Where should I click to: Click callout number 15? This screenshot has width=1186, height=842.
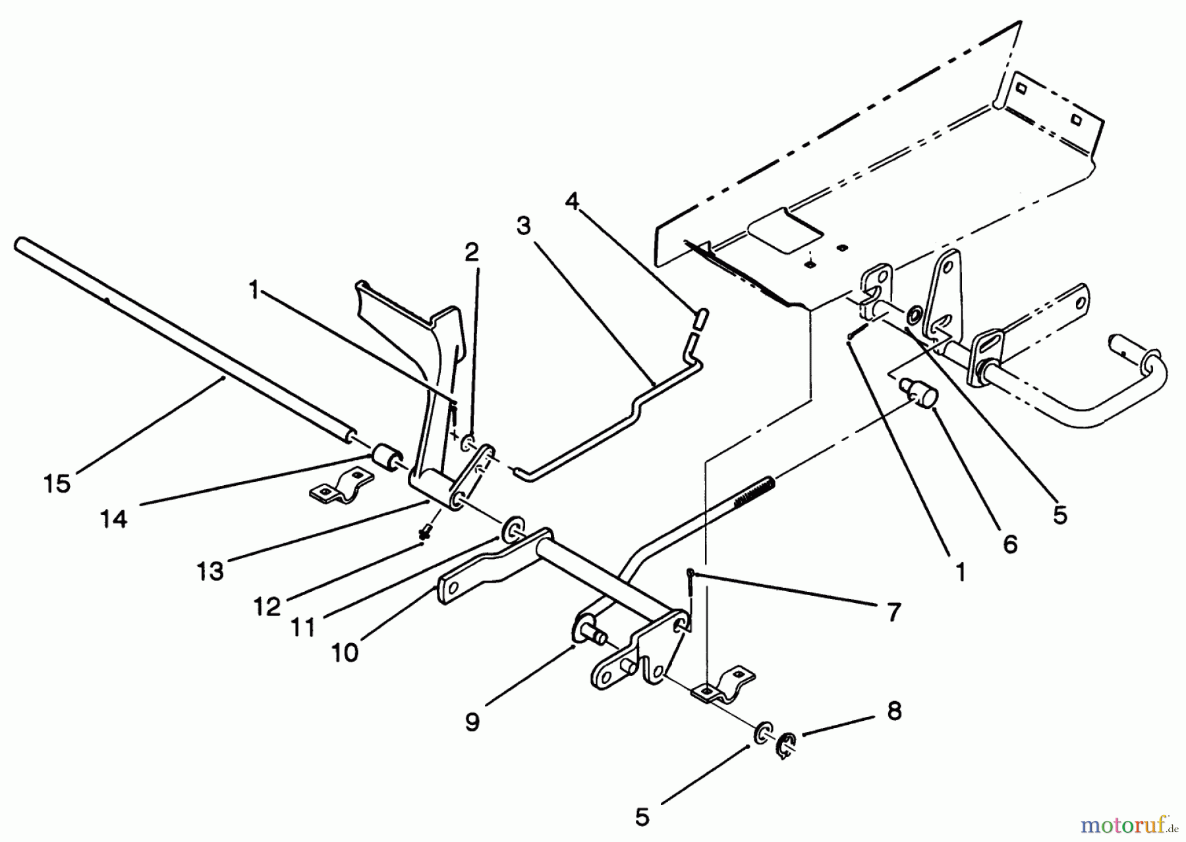point(57,484)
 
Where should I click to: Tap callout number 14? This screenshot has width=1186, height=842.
point(113,519)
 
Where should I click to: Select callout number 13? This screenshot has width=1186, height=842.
point(210,571)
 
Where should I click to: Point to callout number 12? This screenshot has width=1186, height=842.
point(267,606)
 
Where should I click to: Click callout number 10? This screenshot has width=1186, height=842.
point(345,652)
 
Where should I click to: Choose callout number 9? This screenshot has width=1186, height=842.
point(472,722)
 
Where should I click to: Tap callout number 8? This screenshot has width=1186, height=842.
point(894,712)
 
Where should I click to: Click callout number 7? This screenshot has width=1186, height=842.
point(893,613)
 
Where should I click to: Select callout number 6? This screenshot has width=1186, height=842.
point(1009,544)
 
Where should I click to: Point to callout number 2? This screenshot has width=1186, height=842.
point(471,251)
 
